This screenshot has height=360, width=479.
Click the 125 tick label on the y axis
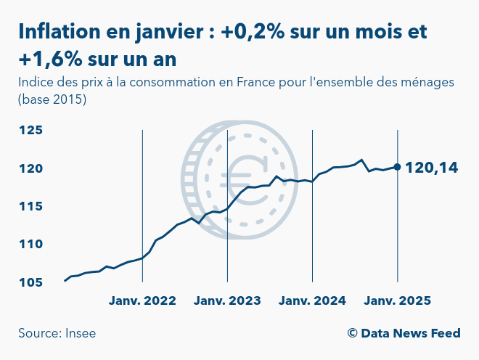pos(31,131)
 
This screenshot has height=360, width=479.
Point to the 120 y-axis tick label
pos(31,168)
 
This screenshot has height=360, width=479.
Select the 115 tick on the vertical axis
pos(31,207)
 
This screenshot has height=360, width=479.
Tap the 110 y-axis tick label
pos(31,245)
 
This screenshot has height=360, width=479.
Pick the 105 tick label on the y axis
pos(31,282)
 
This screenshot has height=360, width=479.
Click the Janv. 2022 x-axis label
pos(142,300)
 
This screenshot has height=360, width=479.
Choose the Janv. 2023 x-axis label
pos(227,300)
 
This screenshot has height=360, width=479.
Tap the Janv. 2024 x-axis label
pos(312,300)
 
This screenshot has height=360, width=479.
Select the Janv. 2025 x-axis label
pos(397,300)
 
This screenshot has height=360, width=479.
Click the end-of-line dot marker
pos(397,167)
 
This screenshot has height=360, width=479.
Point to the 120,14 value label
pos(431,168)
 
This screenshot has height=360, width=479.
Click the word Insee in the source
pos(81,333)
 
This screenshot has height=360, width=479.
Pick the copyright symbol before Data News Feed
pos(353,333)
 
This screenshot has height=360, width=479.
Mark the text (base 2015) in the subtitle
pos(52,99)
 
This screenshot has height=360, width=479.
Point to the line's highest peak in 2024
pos(361,160)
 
